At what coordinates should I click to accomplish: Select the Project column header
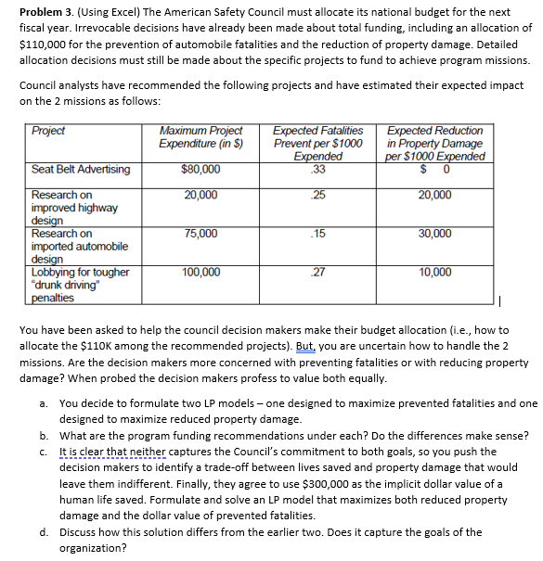[47, 131]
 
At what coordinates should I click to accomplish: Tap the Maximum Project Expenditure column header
[200, 137]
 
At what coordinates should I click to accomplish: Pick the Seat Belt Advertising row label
[81, 170]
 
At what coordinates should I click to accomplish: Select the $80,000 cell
[200, 170]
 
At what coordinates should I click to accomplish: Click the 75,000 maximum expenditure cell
[200, 234]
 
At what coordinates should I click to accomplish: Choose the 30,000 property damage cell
[434, 234]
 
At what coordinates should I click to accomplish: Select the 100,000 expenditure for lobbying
[200, 273]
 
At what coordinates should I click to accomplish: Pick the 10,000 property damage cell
[434, 273]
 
